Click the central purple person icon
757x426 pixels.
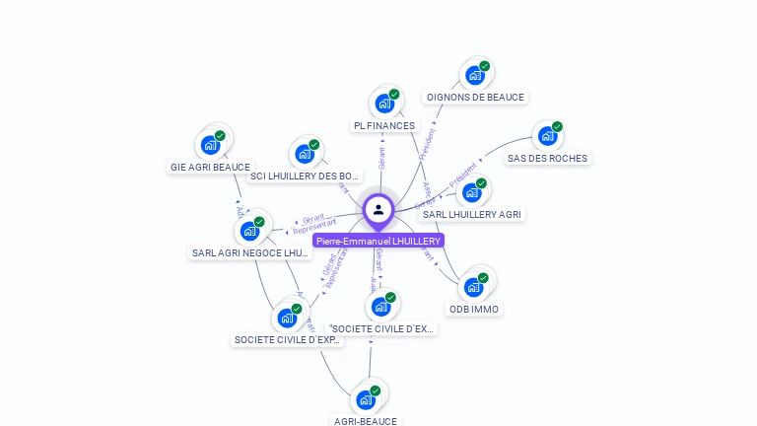point(378,209)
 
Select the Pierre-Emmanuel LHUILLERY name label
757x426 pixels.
point(378,241)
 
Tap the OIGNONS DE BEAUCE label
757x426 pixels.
point(475,98)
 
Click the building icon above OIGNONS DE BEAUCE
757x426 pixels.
point(475,75)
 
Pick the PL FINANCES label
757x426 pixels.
point(384,125)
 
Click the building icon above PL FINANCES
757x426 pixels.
point(384,103)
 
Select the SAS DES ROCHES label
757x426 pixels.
point(547,158)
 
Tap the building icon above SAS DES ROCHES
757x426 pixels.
point(547,135)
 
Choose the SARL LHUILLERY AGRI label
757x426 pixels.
point(472,214)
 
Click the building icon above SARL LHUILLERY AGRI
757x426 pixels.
point(472,191)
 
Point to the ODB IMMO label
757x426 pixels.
point(474,309)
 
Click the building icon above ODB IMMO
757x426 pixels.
point(474,286)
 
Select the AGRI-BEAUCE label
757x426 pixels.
point(366,421)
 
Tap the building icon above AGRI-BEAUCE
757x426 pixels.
point(366,399)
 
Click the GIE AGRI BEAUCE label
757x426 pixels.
point(210,167)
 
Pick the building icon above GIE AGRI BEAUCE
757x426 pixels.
point(210,144)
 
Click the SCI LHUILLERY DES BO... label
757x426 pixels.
point(305,177)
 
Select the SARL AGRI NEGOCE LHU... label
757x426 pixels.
point(250,253)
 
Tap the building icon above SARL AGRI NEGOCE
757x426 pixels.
point(250,231)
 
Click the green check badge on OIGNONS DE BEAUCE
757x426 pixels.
point(484,66)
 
